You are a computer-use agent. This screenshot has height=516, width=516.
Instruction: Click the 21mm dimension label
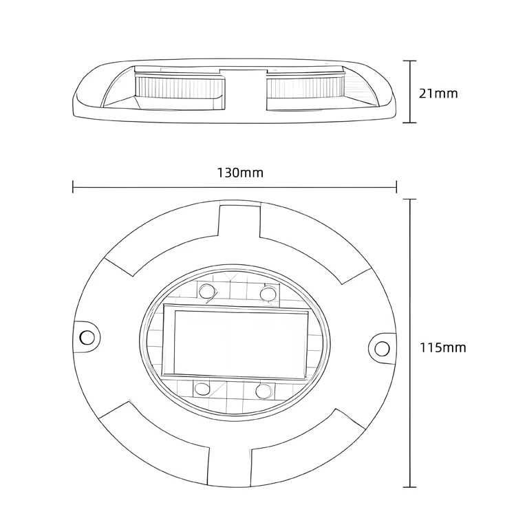(438, 94)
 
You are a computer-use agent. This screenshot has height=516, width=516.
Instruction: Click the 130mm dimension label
(240, 173)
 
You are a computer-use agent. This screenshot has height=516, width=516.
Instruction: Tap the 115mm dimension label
(442, 347)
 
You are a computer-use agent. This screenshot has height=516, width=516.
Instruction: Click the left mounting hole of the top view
(87, 337)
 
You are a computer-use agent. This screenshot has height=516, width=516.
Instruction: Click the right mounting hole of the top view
(382, 349)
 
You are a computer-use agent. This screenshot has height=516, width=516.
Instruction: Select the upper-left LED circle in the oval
(207, 291)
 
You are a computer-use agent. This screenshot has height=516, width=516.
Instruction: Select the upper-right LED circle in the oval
(268, 293)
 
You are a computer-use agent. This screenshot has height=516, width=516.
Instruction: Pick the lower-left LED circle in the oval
(202, 389)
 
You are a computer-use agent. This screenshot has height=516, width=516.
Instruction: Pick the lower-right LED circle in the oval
(264, 391)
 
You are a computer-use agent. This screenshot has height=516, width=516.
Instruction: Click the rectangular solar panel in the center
(235, 341)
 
